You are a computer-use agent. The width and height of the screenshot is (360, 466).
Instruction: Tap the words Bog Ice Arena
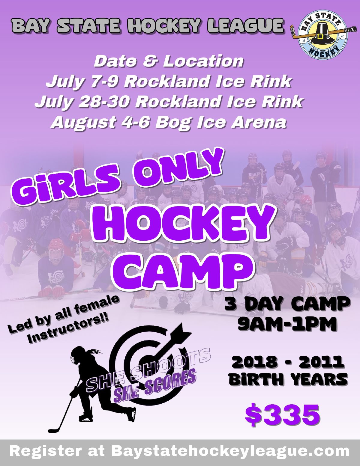(221, 122)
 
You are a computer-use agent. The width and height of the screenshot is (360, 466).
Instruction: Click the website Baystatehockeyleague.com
(230, 451)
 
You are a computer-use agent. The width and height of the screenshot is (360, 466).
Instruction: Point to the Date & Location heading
(169, 61)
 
